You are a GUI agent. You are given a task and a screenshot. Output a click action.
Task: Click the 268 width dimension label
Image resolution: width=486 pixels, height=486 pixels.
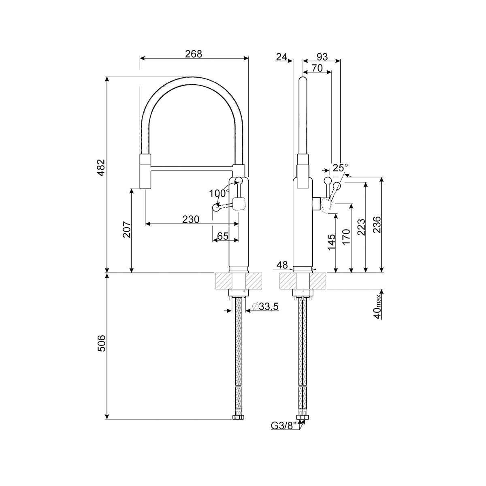click(x=194, y=54)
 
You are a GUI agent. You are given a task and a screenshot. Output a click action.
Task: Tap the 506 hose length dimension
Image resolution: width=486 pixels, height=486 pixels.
click(x=101, y=343)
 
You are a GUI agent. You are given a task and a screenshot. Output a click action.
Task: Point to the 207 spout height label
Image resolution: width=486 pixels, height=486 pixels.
click(x=126, y=230)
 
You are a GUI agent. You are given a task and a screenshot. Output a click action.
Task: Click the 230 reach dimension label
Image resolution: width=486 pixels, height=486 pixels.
click(x=191, y=220)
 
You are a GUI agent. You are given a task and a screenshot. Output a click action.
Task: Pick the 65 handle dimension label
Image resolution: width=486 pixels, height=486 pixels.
click(x=223, y=236)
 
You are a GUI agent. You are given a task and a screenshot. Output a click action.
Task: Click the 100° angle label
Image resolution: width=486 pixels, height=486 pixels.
click(x=219, y=194)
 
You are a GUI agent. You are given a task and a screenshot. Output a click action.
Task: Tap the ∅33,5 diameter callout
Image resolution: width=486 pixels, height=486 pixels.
click(x=265, y=307)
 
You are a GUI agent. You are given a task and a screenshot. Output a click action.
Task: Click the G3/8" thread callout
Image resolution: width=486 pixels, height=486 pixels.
click(x=283, y=426)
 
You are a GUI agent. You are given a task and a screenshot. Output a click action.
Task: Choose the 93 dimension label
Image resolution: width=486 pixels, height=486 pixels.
click(x=322, y=57)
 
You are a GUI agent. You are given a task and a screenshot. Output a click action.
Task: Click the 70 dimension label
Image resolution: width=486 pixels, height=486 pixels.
click(x=317, y=68)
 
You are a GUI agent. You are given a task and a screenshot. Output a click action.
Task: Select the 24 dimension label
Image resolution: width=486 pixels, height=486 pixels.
click(x=282, y=57)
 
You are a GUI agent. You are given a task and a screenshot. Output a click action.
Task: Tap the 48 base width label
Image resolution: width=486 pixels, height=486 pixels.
click(x=282, y=265)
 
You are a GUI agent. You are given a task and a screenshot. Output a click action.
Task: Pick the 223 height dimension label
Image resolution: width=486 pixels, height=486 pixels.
click(x=361, y=227)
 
